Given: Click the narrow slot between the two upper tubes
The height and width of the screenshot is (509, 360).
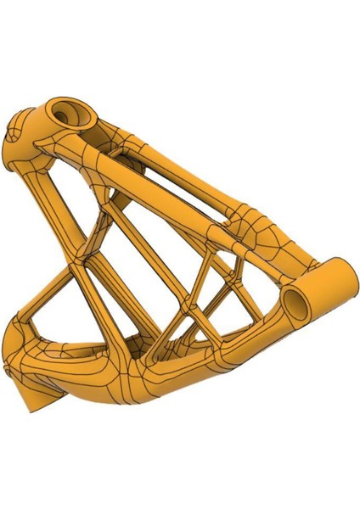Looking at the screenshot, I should (x=170, y=170).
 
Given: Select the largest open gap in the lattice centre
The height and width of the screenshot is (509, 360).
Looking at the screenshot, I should (x=136, y=271).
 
